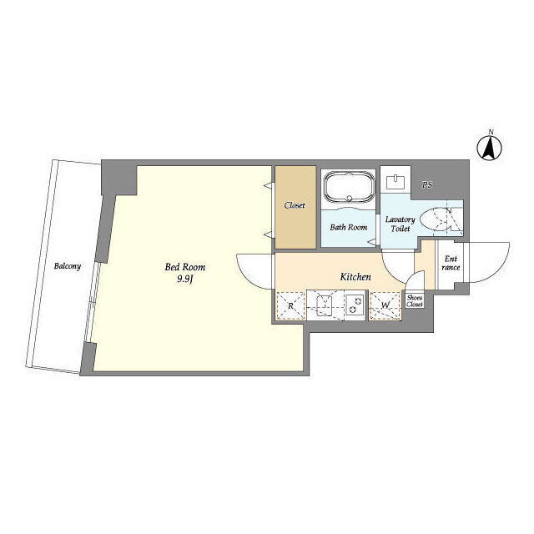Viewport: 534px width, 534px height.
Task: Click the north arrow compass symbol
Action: tap(490, 149)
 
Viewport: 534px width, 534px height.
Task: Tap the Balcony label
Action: tap(68, 265)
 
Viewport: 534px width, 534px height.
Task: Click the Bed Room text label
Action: tap(185, 267)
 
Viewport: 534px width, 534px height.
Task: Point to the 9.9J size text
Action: tap(185, 280)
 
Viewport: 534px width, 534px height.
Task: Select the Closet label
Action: tap(295, 205)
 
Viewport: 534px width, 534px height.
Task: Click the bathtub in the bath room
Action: tap(349, 187)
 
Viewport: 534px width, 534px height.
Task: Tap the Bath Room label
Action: tap(349, 227)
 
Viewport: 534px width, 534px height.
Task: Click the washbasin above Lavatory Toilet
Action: tap(395, 182)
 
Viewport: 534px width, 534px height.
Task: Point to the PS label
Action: tap(427, 185)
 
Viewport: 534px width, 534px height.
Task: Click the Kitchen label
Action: tap(355, 277)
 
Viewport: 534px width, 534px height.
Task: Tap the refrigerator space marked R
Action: tap(290, 305)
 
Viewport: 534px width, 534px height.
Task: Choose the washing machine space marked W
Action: tap(385, 305)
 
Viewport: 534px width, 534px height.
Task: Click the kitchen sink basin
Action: tap(324, 305)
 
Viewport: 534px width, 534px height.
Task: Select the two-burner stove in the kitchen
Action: tap(355, 305)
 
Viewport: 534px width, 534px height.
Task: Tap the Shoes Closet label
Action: tap(415, 301)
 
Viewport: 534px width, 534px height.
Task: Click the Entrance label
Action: tap(451, 264)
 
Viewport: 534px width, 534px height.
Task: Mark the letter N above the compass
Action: tap(491, 132)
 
